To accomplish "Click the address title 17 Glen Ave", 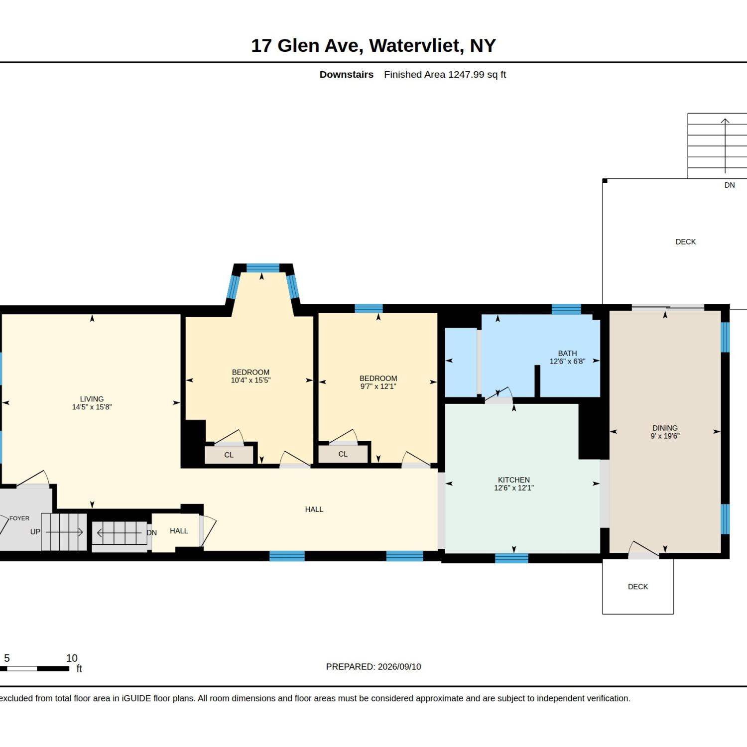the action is tap(307, 46).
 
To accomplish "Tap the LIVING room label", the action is tap(92, 399).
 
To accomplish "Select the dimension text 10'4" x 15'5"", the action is tap(250, 380).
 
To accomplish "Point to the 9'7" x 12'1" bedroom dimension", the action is tap(378, 386).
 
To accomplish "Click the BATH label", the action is tap(567, 353).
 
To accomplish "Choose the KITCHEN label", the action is tap(514, 480).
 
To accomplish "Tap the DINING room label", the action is tap(665, 428).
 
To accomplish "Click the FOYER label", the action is tap(19, 518).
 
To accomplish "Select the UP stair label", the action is tap(35, 531).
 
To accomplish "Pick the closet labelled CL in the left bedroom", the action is tap(229, 455).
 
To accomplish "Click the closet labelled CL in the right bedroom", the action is tap(343, 454).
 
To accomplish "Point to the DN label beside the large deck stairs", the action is tap(730, 185).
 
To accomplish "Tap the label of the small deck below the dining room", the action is tap(638, 587).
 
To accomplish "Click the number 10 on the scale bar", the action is tap(72, 658).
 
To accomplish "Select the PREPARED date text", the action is tap(373, 666).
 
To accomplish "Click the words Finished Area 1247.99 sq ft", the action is tap(445, 75).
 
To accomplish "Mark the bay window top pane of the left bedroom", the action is tap(263, 268).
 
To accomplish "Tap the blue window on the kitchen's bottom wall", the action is tap(511, 558).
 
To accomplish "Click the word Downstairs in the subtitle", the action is tap(347, 75).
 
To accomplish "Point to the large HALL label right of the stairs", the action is tap(314, 509).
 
